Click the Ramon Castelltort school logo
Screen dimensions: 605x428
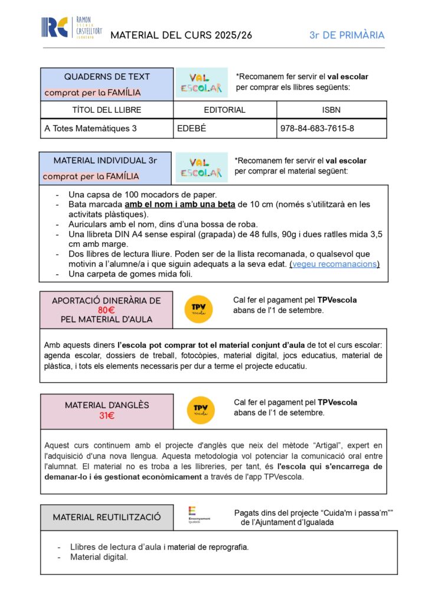click(71, 27)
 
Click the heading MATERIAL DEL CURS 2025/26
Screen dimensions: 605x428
click(181, 35)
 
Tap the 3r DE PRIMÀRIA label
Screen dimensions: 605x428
click(347, 35)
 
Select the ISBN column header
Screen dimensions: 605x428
click(332, 110)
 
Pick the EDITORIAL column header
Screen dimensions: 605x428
click(224, 110)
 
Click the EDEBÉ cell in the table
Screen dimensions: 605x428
click(190, 128)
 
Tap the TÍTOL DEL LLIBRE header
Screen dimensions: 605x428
click(107, 110)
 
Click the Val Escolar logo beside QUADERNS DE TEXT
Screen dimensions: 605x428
click(201, 83)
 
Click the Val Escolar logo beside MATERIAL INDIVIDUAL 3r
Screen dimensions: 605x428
click(201, 168)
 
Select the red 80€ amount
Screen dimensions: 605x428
click(106, 310)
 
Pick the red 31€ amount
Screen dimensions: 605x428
click(107, 416)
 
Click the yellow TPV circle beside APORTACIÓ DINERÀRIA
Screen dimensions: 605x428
click(198, 309)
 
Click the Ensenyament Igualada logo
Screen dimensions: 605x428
click(199, 515)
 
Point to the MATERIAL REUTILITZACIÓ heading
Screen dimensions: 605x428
click(107, 517)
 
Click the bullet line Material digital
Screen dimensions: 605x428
click(99, 557)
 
